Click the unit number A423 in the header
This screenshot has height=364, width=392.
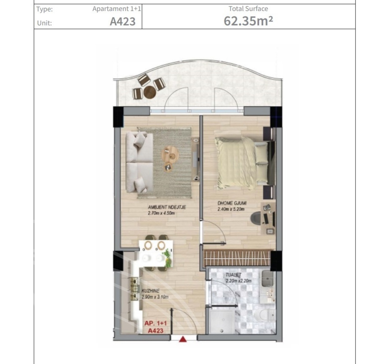123,21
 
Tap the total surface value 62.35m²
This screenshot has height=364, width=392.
248,21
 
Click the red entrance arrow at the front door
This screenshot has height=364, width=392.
183,339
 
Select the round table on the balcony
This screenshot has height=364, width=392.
150,92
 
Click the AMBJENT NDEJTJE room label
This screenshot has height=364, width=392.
167,207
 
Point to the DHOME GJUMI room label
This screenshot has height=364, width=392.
232,203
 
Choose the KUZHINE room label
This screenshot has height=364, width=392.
150,291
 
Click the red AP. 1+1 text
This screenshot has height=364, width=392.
155,323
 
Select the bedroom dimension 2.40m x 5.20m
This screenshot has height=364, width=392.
231,209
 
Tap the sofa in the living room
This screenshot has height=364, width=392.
139,163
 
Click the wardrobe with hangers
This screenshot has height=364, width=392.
237,258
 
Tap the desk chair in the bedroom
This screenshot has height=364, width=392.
256,218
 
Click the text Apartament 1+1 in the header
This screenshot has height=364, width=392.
117,9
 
